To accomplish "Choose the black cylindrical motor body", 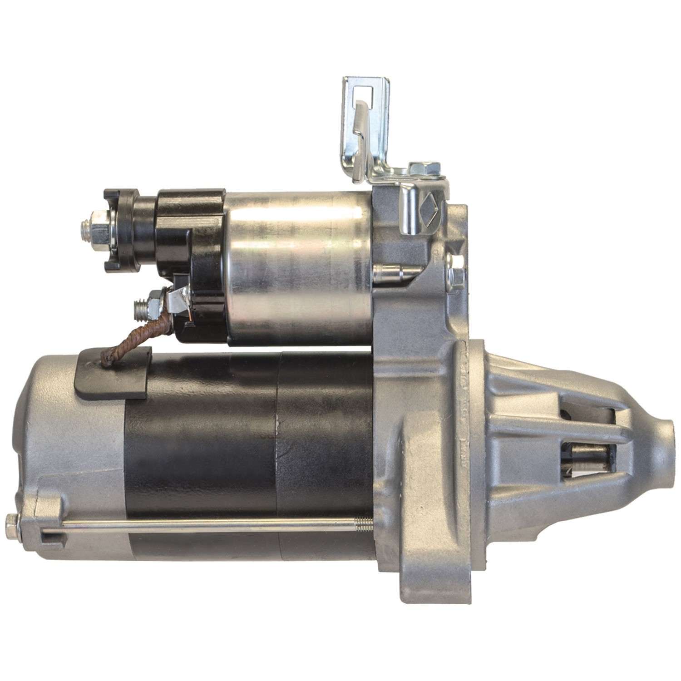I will (245, 454).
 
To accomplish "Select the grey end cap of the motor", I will (68, 454).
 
